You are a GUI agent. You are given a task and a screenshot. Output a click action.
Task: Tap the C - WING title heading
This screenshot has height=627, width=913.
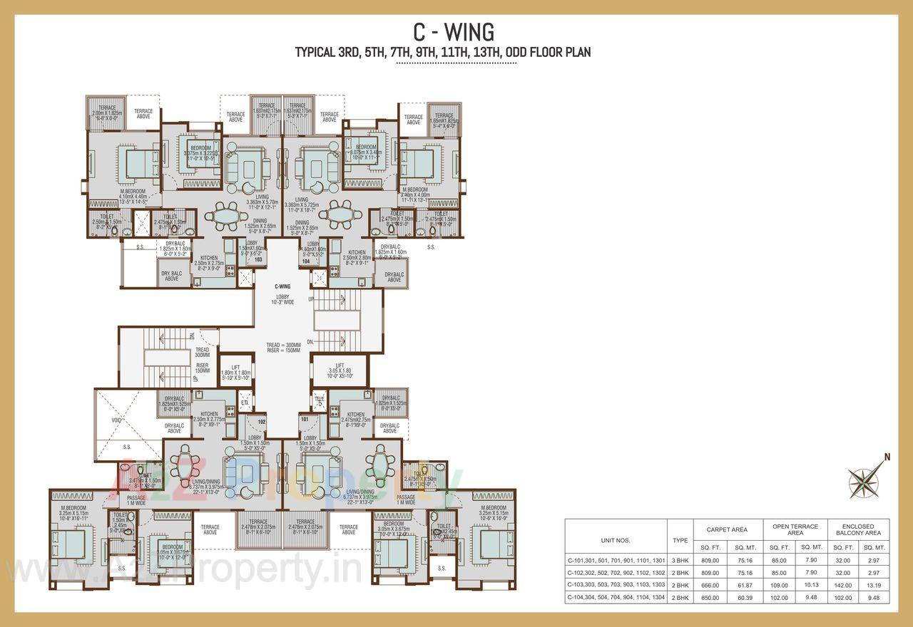[454, 32]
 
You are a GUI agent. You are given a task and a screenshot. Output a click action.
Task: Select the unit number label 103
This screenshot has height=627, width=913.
[258, 260]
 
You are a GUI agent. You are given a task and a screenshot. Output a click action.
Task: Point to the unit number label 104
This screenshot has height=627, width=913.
[306, 261]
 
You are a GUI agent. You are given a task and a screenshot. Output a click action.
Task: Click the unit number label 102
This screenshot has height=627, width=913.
[261, 421]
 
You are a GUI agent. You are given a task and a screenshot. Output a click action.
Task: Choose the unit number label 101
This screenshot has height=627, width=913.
[305, 420]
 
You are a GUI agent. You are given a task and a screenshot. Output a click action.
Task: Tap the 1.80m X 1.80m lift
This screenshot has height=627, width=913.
[235, 375]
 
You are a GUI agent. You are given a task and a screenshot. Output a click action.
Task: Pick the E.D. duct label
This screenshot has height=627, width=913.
[244, 403]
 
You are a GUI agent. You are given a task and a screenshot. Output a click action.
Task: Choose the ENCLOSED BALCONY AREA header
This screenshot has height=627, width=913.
[858, 529]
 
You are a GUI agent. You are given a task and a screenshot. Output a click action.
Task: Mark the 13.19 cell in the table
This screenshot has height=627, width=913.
[874, 584]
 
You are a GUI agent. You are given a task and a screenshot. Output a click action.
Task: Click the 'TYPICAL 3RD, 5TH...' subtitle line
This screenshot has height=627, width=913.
[443, 52]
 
